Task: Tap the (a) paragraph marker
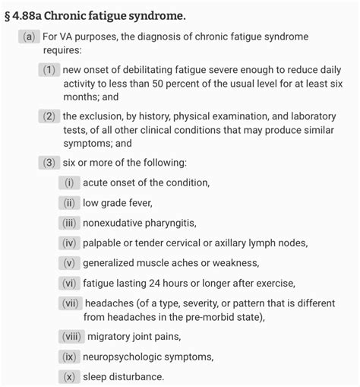tap(30, 37)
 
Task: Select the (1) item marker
tap(49, 70)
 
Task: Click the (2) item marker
tap(49, 116)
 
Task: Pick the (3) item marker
tap(49, 163)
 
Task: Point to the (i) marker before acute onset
tap(68, 182)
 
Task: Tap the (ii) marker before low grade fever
tap(69, 202)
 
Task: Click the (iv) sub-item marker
tap(70, 243)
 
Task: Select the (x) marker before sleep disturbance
tap(68, 376)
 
